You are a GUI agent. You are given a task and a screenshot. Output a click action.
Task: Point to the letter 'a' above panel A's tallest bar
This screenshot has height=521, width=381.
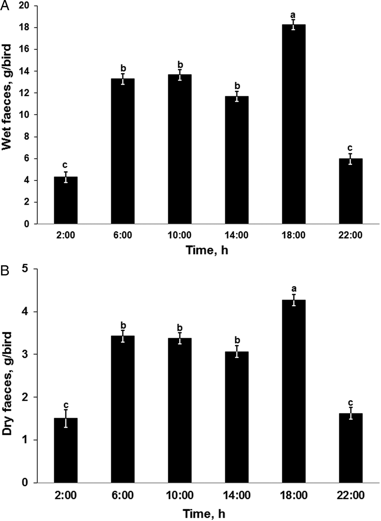click(293, 15)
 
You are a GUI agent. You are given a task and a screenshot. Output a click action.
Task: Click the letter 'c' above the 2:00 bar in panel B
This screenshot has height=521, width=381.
click(66, 405)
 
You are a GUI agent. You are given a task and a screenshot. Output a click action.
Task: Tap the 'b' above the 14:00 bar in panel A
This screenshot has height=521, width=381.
click(237, 86)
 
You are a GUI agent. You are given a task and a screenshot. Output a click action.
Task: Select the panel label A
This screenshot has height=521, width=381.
click(5, 6)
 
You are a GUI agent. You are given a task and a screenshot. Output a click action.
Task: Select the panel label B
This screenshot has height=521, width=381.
click(5, 271)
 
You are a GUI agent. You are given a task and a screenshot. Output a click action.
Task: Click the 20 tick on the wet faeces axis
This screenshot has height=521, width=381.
click(24, 6)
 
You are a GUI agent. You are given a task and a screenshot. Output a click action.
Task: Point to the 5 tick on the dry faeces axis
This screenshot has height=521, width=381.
click(25, 269)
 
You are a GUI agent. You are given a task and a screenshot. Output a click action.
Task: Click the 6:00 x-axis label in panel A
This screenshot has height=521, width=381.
click(123, 235)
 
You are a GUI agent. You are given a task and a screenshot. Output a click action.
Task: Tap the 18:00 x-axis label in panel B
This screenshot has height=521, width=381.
click(294, 495)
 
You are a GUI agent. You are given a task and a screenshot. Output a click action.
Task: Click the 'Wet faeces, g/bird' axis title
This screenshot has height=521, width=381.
click(7, 97)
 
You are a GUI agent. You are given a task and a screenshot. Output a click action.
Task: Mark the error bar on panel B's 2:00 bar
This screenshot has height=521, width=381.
click(66, 418)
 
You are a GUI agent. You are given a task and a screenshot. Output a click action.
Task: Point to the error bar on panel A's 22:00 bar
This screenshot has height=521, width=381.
click(351, 159)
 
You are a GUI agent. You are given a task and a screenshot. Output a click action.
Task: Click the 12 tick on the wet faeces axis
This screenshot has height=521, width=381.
click(24, 93)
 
